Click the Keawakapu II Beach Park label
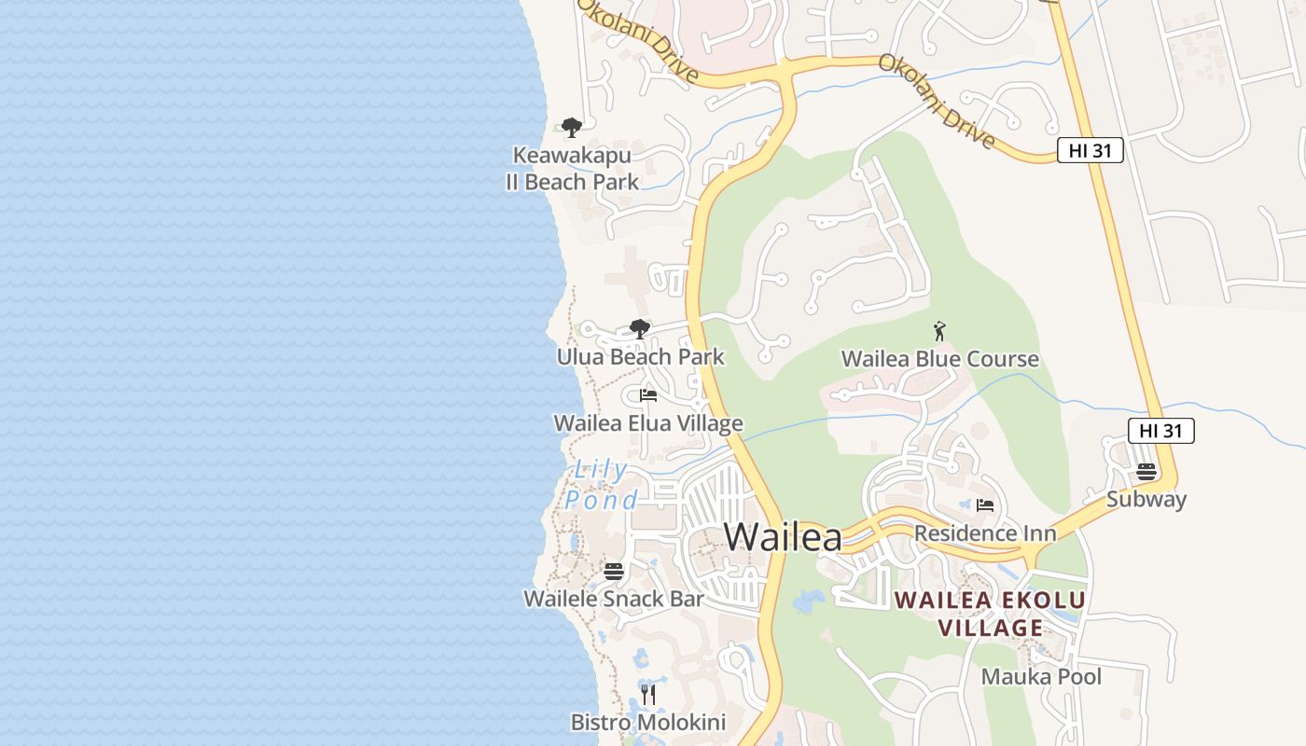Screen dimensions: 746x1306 coord(572,169)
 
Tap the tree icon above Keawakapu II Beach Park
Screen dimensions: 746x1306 coord(571,128)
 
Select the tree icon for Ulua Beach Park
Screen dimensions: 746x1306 coord(639,328)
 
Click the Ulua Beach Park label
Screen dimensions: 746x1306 coord(640,357)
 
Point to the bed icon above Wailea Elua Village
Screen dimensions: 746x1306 coord(648,395)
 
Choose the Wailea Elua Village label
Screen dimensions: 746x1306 coord(648,423)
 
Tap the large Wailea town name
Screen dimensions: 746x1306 coord(783,537)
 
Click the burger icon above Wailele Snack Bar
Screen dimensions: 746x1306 coord(613,571)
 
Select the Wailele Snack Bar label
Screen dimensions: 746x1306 coord(613,599)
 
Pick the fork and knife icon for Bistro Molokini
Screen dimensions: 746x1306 coord(648,694)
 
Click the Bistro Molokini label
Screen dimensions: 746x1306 coord(648,722)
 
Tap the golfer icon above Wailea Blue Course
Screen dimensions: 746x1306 coord(939,331)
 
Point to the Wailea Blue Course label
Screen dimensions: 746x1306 coord(939,359)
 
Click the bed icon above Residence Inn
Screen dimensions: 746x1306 coord(984,505)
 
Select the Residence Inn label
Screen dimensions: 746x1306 coord(984,533)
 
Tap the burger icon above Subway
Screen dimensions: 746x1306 coord(1146,471)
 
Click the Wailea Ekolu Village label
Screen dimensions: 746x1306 coord(991,613)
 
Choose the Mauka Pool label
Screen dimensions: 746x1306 coord(1041,677)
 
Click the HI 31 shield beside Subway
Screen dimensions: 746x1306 coord(1160,430)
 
